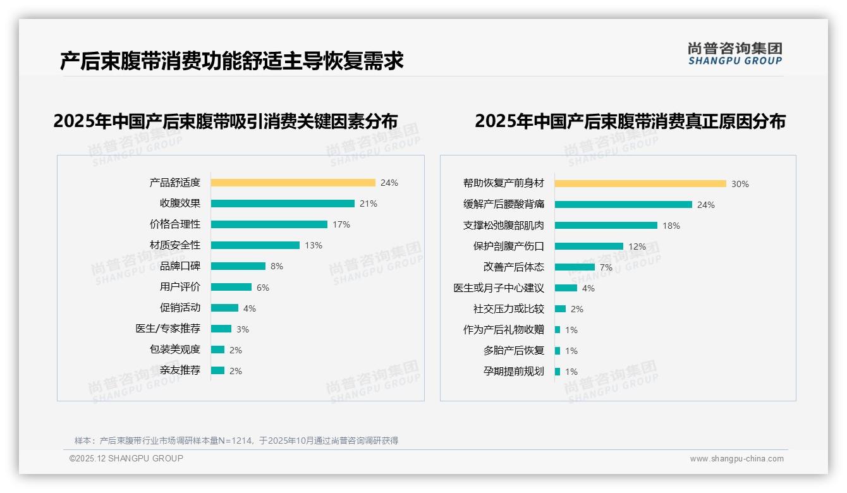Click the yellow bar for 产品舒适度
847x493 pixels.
[x=293, y=183]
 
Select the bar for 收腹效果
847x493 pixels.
[x=283, y=204]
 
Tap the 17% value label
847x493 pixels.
[x=341, y=224]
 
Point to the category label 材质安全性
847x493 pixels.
[x=175, y=245]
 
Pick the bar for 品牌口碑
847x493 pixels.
[x=238, y=266]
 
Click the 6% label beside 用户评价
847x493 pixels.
[x=263, y=288]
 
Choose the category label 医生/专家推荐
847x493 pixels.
[x=168, y=329]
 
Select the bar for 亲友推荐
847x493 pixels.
[x=217, y=370]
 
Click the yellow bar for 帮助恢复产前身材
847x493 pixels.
[x=640, y=184]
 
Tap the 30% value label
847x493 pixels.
[x=740, y=184]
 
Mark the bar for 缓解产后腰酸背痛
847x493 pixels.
[x=623, y=205]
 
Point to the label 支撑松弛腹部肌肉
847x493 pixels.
[x=504, y=226]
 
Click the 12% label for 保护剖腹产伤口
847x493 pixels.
[x=637, y=246]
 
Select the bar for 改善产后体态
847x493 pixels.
[x=575, y=267]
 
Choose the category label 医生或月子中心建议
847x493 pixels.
[x=499, y=288]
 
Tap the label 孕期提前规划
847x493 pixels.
[x=514, y=372]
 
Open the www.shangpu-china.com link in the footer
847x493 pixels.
[x=736, y=459]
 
